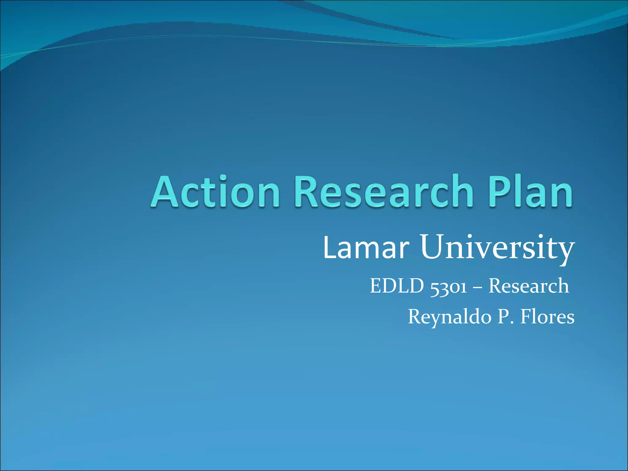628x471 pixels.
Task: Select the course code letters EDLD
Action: [x=397, y=286]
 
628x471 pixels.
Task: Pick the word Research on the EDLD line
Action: [x=528, y=286]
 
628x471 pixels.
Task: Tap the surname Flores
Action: [x=547, y=317]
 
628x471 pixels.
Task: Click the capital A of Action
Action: [x=165, y=192]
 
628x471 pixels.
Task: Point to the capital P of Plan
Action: [x=500, y=192]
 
